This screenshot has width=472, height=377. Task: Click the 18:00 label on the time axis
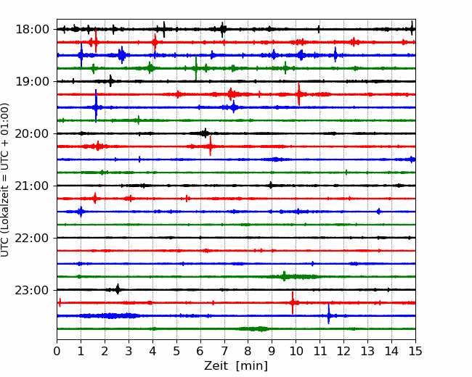coord(32,30)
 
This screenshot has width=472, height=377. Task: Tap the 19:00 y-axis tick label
coord(32,81)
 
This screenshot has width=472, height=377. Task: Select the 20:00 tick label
coord(32,133)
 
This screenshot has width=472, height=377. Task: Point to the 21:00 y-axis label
coord(32,186)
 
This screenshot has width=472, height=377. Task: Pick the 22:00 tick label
coord(32,238)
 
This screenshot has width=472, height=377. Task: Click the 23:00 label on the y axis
coord(32,290)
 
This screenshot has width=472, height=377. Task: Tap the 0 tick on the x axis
coord(57,351)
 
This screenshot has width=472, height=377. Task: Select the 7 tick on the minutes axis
coord(224,351)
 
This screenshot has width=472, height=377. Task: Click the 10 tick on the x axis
coord(296,351)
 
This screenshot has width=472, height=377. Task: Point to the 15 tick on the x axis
coord(415,351)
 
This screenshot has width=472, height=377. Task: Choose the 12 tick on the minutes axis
coord(343,351)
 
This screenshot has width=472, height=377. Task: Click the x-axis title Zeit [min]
coord(236,366)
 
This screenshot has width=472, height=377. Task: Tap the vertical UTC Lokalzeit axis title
coord(5,180)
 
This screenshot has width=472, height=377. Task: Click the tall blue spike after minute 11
coord(329,314)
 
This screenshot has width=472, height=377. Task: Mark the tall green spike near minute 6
coord(196,68)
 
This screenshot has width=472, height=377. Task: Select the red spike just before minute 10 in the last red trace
coord(293,303)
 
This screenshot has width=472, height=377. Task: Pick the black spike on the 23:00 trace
coord(118,289)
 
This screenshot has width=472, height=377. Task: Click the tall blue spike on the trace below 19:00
coord(96,106)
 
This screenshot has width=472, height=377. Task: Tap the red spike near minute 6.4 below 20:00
coord(211,146)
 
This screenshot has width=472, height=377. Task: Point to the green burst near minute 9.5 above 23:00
coord(284,276)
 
